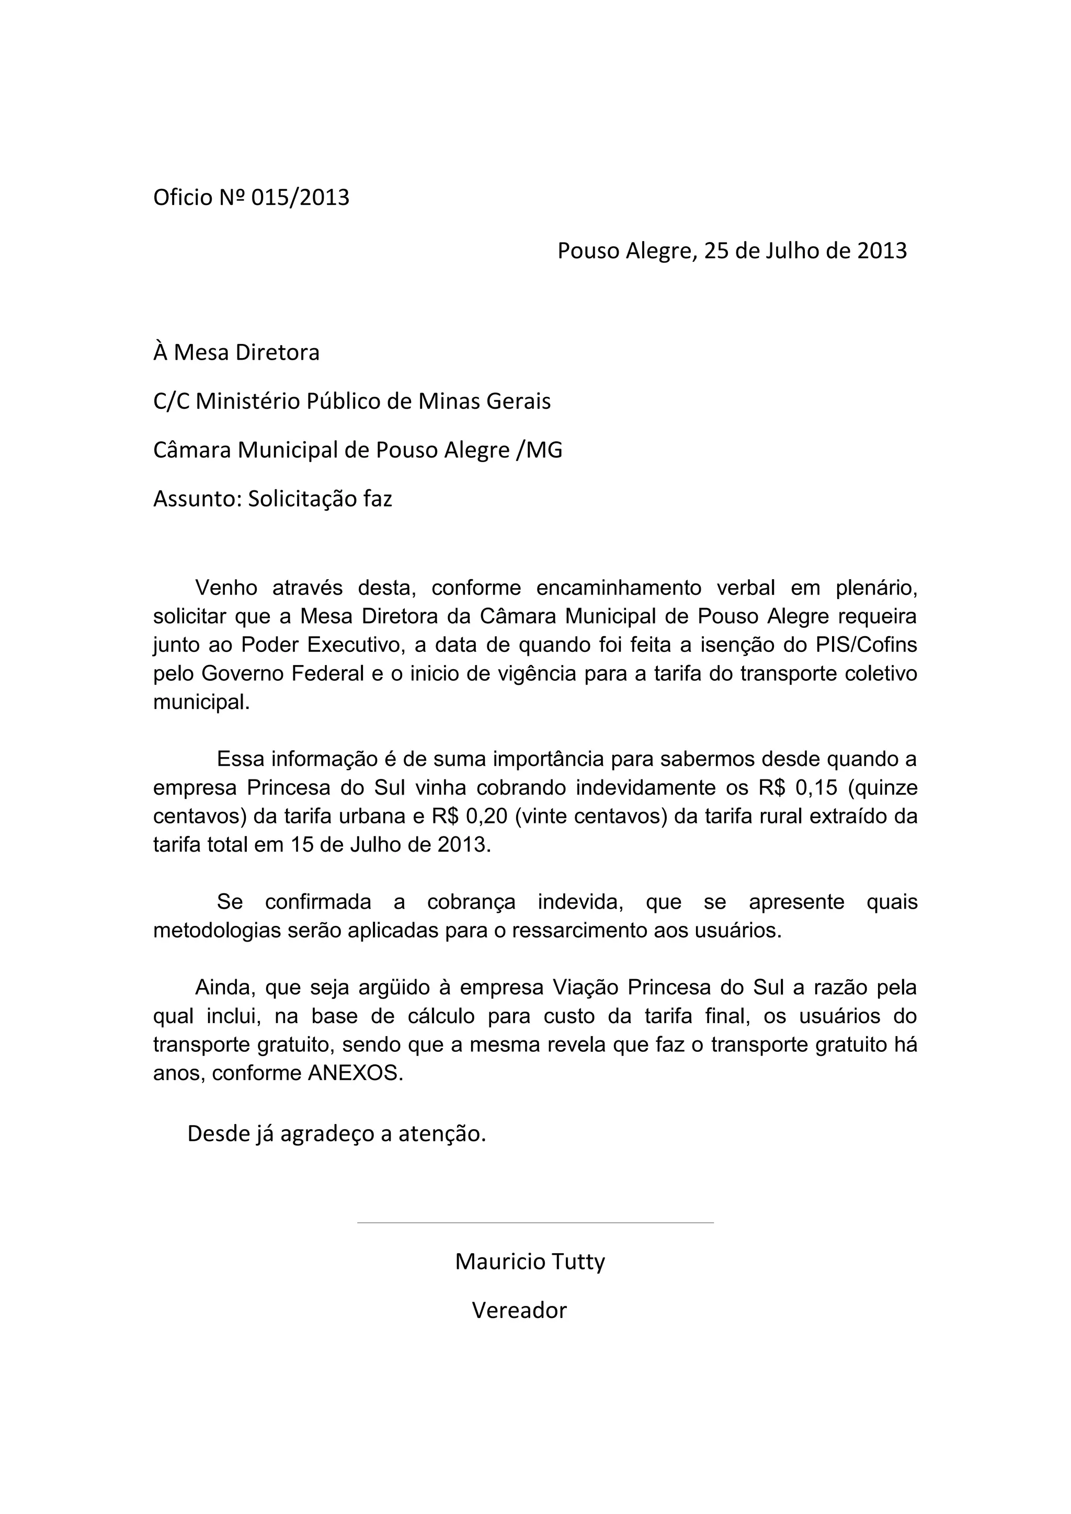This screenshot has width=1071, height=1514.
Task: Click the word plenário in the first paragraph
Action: click(x=876, y=588)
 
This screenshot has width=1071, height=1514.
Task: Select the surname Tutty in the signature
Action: click(x=576, y=1262)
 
